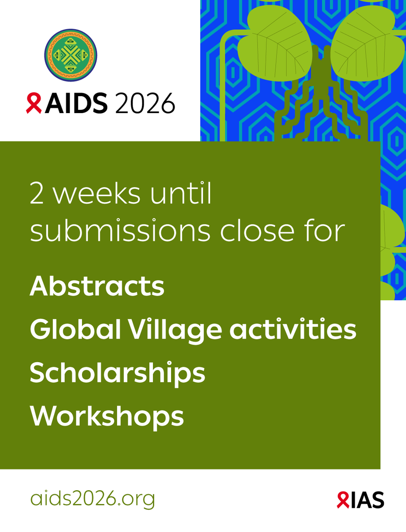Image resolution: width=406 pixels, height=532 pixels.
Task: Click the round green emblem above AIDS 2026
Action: tap(70, 55)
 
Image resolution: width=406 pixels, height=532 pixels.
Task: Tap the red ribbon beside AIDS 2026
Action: tap(34, 104)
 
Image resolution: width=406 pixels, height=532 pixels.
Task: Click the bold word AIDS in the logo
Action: tap(76, 104)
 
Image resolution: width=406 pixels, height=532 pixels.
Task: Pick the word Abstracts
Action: tap(97, 287)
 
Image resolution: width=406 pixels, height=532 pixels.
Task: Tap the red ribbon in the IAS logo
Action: tap(342, 500)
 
